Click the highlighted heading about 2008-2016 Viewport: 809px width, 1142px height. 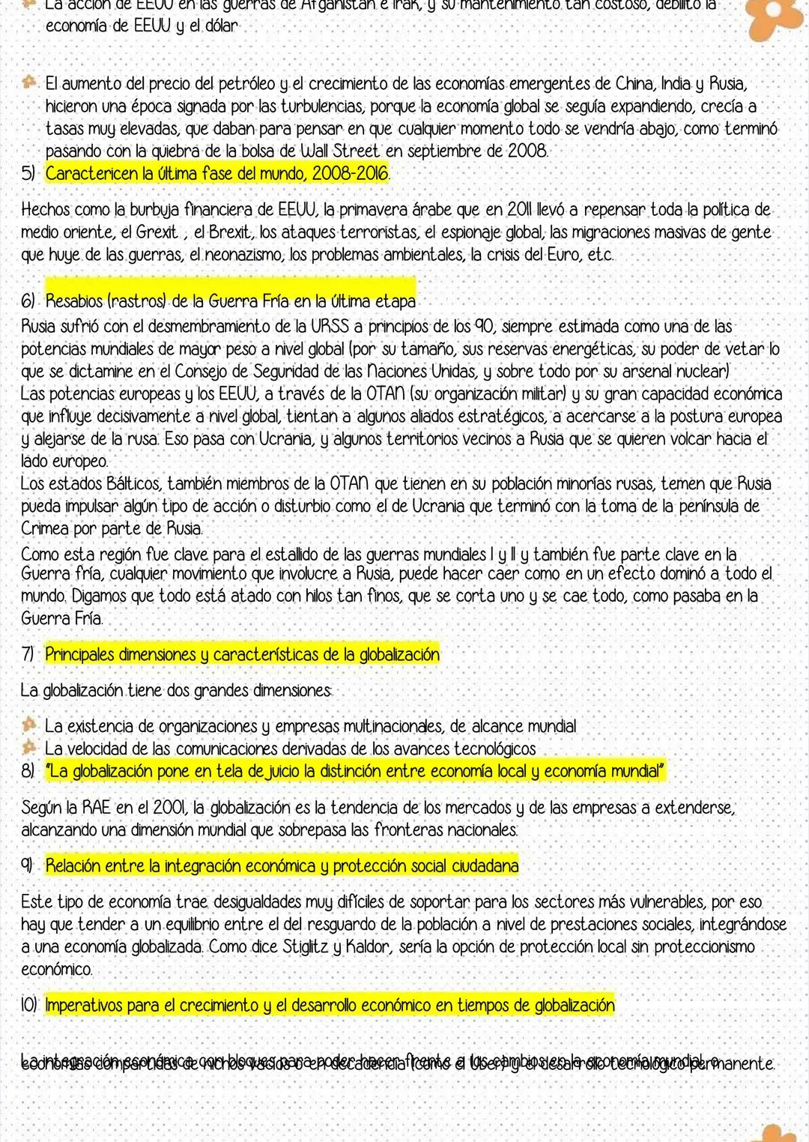pyautogui.click(x=217, y=174)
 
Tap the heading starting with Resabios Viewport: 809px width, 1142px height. pyautogui.click(x=230, y=301)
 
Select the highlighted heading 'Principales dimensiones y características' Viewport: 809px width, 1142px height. pyautogui.click(x=242, y=654)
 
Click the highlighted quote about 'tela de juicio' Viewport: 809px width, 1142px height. pyautogui.click(x=355, y=771)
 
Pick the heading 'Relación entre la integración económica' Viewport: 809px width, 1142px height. pyautogui.click(x=282, y=866)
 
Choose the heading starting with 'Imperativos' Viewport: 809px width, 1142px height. pyautogui.click(x=330, y=1005)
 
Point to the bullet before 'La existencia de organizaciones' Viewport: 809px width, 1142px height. pyautogui.click(x=30, y=725)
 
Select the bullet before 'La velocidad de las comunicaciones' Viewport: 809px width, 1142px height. pyautogui.click(x=30, y=747)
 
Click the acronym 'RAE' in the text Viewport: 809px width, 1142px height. pyautogui.click(x=97, y=808)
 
